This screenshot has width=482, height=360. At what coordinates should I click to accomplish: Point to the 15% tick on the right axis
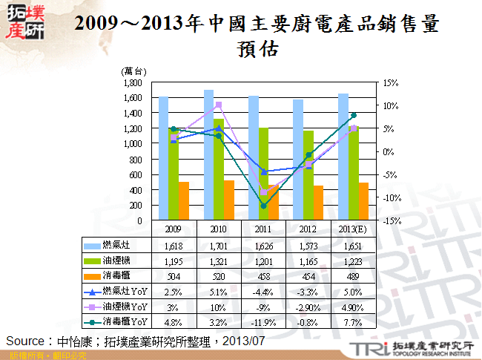(392, 82)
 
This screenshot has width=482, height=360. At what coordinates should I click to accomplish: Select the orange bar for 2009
(184, 201)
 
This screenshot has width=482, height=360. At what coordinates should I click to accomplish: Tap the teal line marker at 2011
(263, 206)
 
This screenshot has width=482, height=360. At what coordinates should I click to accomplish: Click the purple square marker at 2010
(218, 105)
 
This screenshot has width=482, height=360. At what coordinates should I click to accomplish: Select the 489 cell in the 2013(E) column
(353, 276)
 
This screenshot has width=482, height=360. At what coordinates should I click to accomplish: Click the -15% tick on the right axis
(392, 220)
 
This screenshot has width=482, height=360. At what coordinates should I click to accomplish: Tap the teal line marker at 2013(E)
(354, 115)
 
